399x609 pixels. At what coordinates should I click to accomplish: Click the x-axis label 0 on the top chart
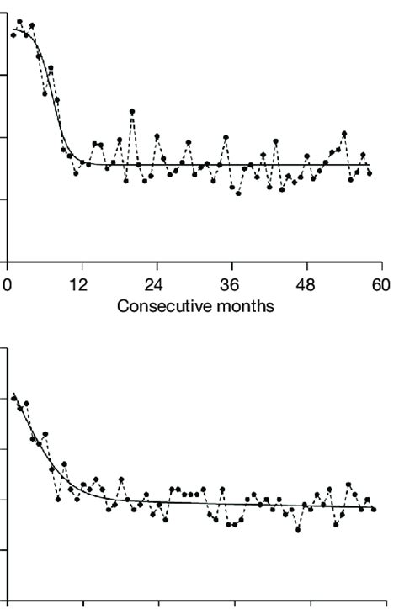pyautogui.click(x=7, y=283)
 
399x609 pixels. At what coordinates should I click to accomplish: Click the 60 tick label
pyautogui.click(x=381, y=283)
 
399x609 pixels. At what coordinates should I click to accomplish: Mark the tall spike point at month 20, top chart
pyautogui.click(x=132, y=112)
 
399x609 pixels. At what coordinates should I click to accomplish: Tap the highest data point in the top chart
pyautogui.click(x=19, y=22)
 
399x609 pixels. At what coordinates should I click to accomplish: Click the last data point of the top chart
pyautogui.click(x=370, y=172)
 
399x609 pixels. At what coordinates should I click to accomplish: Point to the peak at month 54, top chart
pyautogui.click(x=344, y=134)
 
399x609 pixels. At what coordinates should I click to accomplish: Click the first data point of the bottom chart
pyautogui.click(x=13, y=397)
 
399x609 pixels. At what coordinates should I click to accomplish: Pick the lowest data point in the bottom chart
pyautogui.click(x=298, y=530)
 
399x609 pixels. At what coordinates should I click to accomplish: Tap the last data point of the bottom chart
pyautogui.click(x=374, y=509)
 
